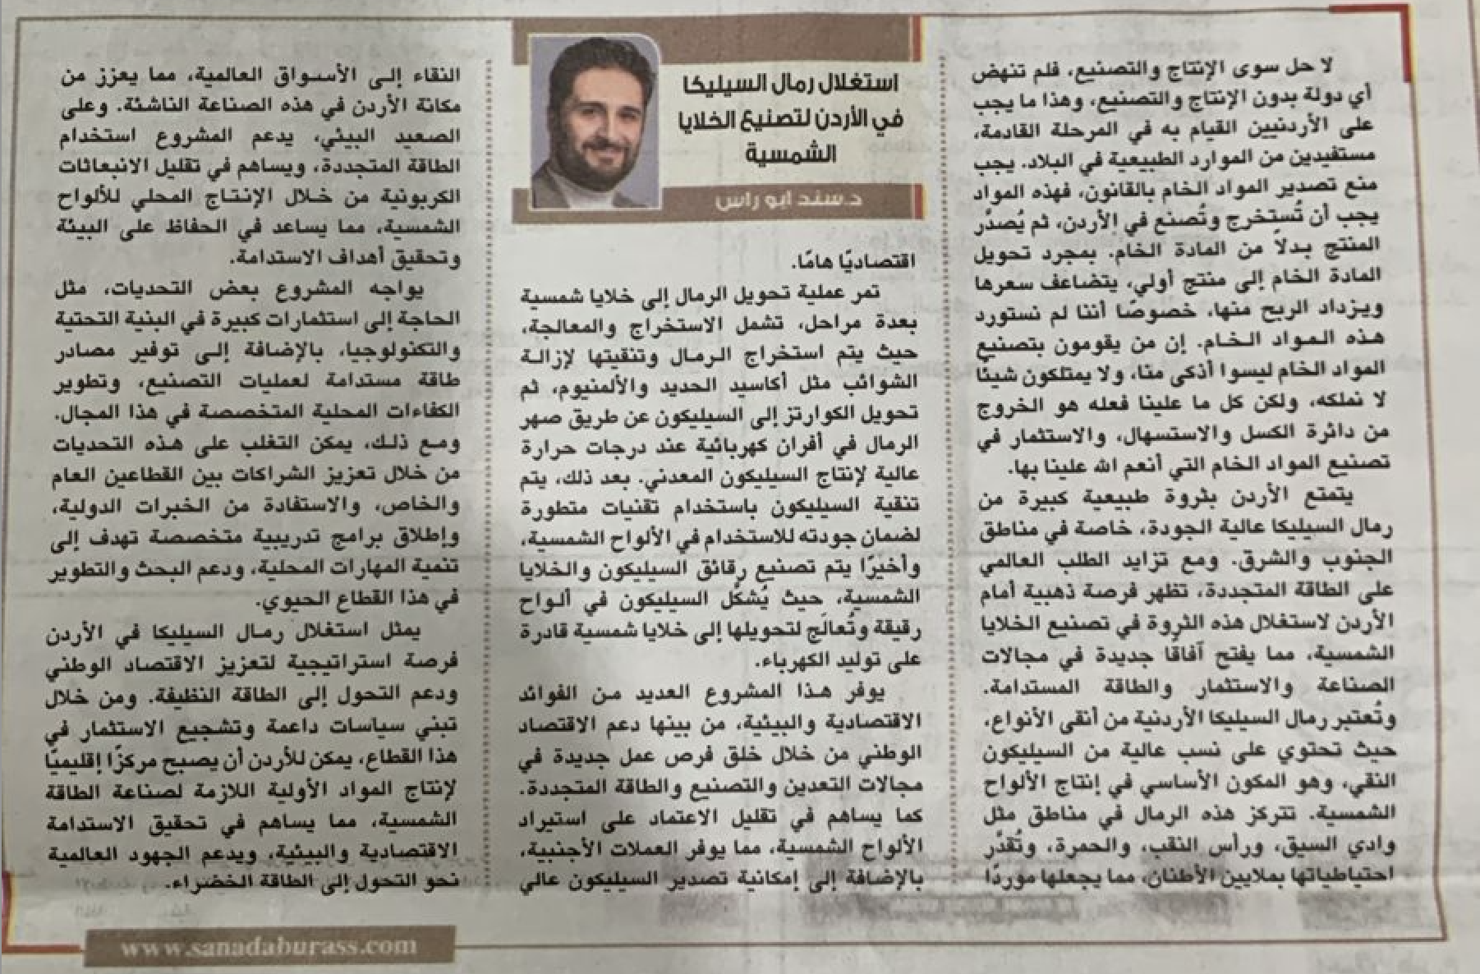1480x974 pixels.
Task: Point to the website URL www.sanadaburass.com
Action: click(x=269, y=946)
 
